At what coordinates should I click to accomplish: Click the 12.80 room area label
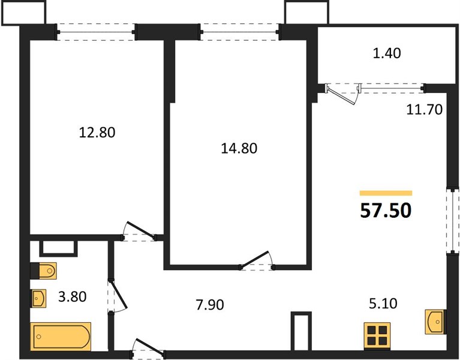pos(97,133)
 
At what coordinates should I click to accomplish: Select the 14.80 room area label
pos(239,148)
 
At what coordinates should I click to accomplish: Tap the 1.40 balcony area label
pos(387,53)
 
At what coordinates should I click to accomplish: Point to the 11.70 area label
pos(424,109)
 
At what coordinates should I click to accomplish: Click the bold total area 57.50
pos(386,211)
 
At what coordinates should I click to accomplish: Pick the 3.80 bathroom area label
pos(72,296)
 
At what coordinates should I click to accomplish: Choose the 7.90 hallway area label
pos(210,305)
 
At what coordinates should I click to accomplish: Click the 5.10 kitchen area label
pos(383,304)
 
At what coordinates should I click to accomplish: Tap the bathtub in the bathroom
pos(61,337)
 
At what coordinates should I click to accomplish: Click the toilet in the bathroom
pos(43,271)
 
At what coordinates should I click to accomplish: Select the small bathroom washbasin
pos(38,298)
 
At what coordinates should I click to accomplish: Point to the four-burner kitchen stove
pos(377,335)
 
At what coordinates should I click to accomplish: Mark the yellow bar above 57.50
pos(386,193)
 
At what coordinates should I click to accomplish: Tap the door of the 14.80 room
pos(257,260)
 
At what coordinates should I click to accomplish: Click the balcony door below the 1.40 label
pos(342,93)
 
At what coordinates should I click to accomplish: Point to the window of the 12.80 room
pos(96,32)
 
